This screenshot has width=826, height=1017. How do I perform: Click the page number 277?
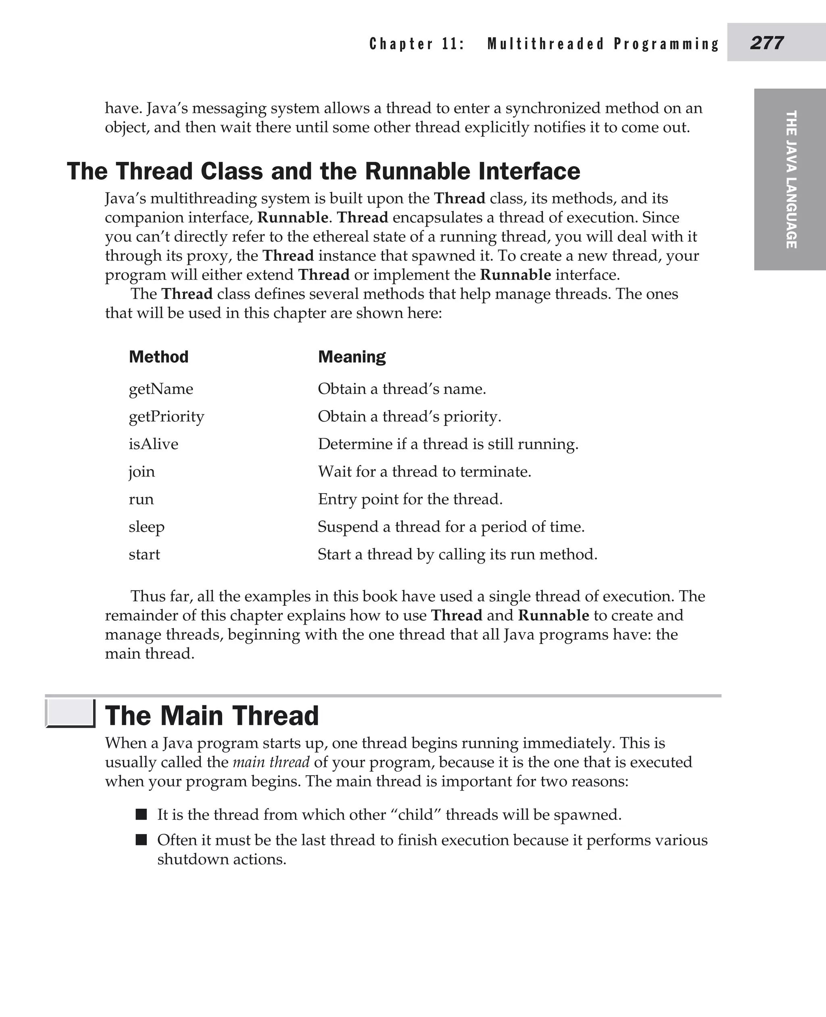(767, 43)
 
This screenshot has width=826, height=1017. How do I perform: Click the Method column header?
(159, 357)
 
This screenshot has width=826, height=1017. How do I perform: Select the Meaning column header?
(352, 357)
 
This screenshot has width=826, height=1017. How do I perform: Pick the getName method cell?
(161, 389)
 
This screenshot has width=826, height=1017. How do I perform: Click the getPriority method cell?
(166, 416)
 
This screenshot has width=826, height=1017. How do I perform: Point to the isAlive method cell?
(153, 444)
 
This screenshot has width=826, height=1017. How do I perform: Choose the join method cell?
(141, 471)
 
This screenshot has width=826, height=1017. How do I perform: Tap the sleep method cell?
(146, 527)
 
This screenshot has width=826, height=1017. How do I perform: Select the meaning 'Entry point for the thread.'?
(410, 499)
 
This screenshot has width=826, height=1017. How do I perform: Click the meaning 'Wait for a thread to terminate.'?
(424, 471)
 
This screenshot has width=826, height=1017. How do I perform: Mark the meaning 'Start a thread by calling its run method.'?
(457, 554)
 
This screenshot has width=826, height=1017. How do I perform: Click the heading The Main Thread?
(212, 716)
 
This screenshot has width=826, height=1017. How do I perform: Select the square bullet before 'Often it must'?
(141, 839)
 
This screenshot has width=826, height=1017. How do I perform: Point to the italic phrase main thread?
(271, 762)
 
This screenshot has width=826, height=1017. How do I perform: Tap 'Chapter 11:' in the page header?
(416, 44)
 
